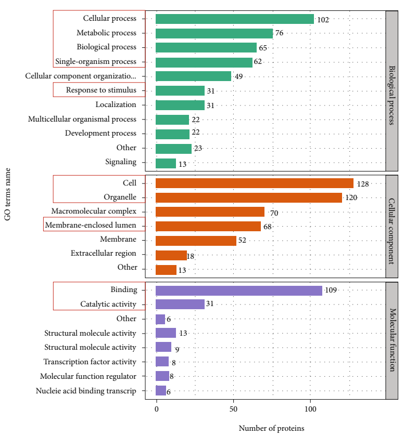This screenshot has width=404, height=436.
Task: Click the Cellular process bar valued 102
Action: tap(235, 19)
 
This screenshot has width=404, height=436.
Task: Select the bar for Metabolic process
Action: tap(214, 33)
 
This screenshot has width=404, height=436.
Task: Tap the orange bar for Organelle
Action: tap(249, 197)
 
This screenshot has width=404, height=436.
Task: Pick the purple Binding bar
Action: tap(239, 290)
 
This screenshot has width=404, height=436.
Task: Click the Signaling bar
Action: tap(166, 163)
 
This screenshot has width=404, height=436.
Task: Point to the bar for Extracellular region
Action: tap(171, 255)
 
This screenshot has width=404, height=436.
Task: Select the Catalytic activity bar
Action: tap(180, 305)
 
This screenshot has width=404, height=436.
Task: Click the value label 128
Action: tap(362, 184)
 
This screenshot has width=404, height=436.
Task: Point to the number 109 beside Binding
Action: tap(331, 290)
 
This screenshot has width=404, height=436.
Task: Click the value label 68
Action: tap(268, 227)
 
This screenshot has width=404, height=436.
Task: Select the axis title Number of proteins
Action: tap(271, 429)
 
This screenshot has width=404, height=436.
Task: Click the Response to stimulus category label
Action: tap(101, 90)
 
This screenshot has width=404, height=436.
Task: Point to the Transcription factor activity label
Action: tap(90, 362)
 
